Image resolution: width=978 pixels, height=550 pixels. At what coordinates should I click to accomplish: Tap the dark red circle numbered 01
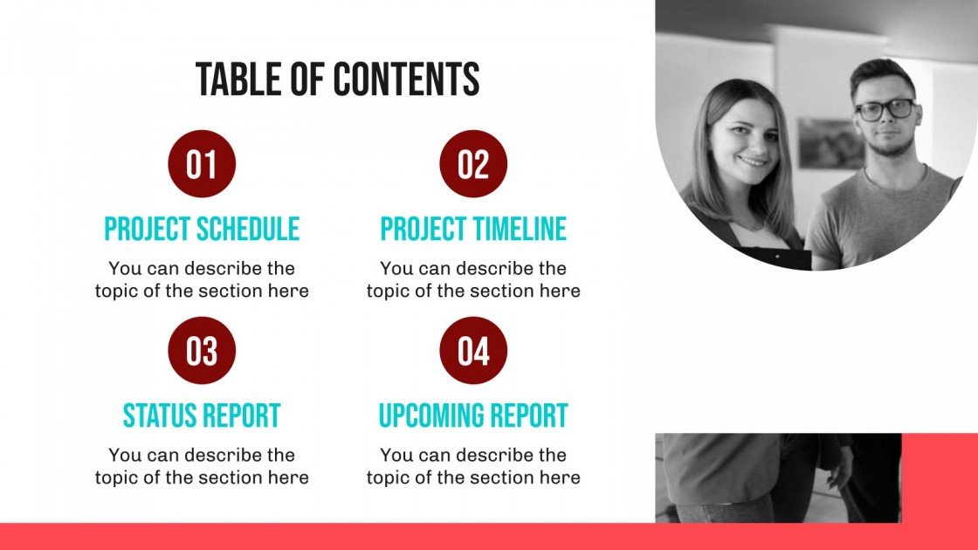[x=202, y=164]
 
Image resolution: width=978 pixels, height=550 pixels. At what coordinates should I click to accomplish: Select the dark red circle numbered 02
[x=473, y=164]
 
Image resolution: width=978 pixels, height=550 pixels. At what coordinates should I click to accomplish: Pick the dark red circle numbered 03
[x=202, y=351]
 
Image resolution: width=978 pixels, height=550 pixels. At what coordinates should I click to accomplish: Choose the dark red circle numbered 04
[x=473, y=351]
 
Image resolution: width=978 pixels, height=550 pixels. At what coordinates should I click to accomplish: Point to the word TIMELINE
[x=520, y=229]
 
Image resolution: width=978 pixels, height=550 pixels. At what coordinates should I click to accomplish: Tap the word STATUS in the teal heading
[x=161, y=416]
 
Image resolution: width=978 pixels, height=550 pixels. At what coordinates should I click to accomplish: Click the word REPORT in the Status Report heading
[x=243, y=416]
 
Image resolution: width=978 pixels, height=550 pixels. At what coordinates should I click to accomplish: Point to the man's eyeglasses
[x=885, y=110]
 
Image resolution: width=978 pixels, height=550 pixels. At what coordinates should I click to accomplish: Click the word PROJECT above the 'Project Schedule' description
[x=148, y=229]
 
